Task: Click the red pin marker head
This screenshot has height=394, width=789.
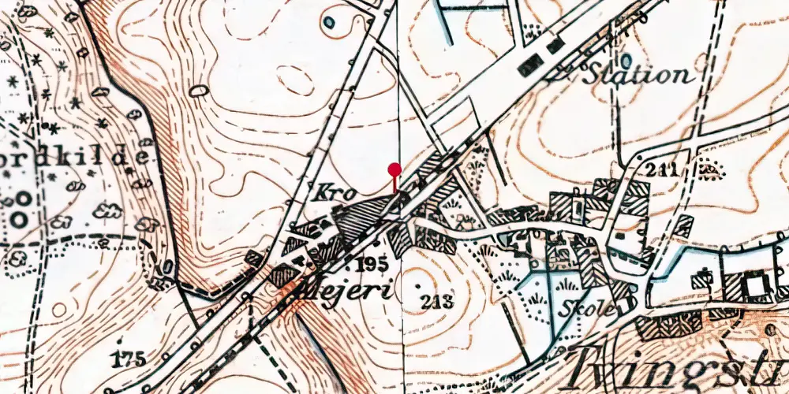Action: point(394,168)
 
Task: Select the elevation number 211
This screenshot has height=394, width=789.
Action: point(661,169)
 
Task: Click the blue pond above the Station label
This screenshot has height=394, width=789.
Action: point(626,60)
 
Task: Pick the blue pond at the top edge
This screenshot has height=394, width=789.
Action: point(327,21)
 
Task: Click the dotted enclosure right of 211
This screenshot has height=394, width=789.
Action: point(709,169)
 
